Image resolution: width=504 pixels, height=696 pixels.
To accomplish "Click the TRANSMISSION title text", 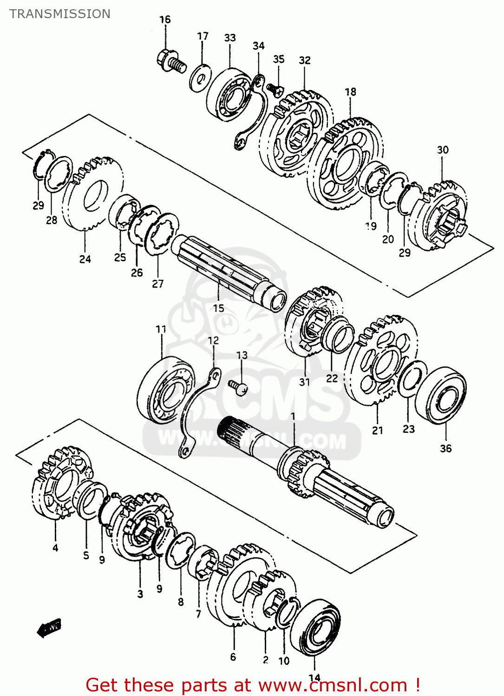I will pos(60,14).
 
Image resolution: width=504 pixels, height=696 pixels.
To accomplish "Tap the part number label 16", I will pos(165,19).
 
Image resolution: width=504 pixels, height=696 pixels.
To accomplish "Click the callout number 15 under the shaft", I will pos(218,308).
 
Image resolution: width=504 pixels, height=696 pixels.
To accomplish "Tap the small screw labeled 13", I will pos(238,386).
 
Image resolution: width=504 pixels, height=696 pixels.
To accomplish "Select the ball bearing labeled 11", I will pos(166,390).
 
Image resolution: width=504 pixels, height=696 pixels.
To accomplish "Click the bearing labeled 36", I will pos(441,395).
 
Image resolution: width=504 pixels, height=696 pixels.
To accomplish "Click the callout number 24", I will pos(85,259).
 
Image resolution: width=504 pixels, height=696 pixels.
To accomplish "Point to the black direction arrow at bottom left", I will pos(49,628).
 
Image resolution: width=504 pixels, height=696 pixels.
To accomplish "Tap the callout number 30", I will pos(443,150).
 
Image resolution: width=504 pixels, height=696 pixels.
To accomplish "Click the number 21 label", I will pos(378,431).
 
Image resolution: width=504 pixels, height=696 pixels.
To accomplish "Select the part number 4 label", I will pos(55,548).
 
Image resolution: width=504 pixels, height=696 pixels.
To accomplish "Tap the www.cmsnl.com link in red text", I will pos(333,685).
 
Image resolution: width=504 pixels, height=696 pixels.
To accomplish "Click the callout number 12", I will pos(213,341).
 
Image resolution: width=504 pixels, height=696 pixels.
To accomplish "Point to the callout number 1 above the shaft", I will pos(293,416).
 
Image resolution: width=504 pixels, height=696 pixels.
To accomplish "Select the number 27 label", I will pos(158,284).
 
